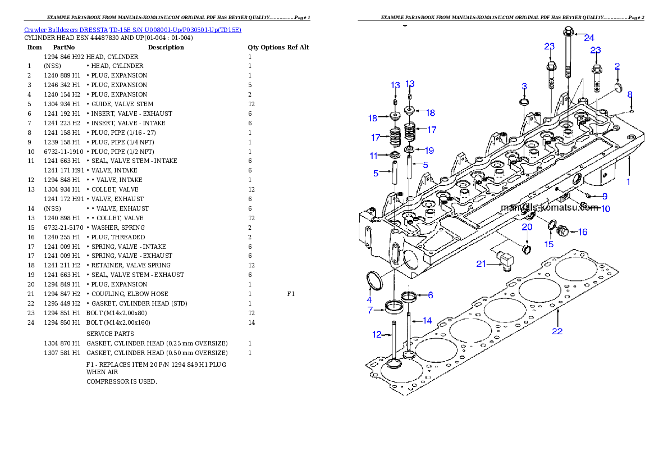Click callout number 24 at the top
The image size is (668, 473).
click(x=588, y=38)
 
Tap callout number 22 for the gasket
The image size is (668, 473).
click(x=557, y=331)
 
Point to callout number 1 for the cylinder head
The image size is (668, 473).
click(x=628, y=182)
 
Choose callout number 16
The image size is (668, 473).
click(x=583, y=231)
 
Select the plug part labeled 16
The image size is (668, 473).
click(x=562, y=230)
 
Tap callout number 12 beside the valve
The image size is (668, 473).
click(x=377, y=335)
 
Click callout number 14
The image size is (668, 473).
click(x=427, y=321)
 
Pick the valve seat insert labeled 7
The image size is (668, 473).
click(x=394, y=307)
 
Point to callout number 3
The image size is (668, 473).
click(x=524, y=87)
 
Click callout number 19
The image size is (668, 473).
click(x=429, y=150)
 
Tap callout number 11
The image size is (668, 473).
click(x=374, y=155)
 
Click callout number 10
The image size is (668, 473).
click(x=605, y=209)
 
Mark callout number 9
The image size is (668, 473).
click(x=605, y=197)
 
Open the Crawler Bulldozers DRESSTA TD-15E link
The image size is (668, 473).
click(x=132, y=30)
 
